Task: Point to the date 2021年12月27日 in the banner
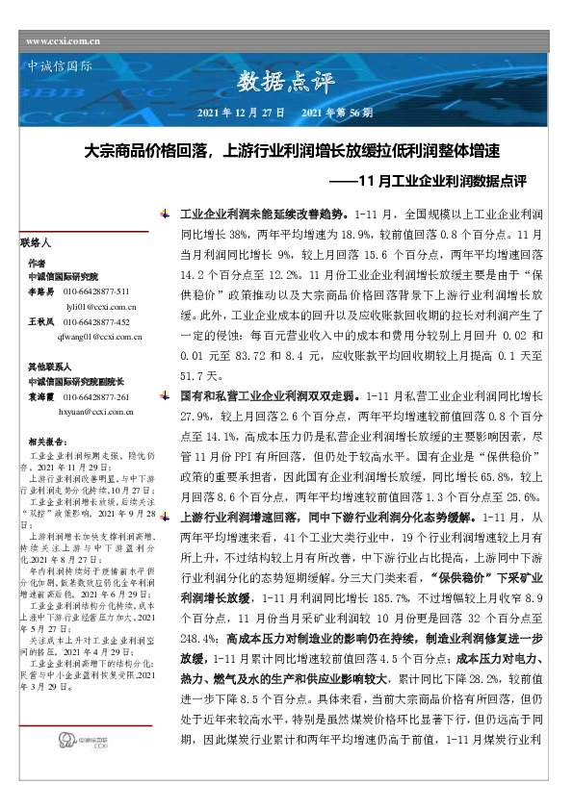240,114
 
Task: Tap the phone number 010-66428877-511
95,290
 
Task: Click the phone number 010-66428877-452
95,321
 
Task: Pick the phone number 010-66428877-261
95,396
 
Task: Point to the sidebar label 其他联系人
46,367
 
